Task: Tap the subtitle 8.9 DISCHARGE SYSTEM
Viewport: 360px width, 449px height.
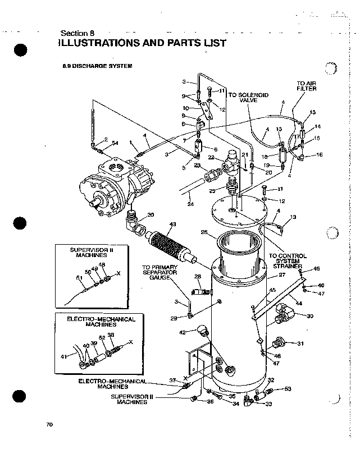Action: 97,66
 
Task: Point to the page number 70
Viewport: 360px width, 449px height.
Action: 49,425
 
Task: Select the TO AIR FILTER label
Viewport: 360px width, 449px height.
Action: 307,85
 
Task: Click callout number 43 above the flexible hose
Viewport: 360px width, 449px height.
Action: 172,224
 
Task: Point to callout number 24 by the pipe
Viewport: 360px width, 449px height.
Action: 191,204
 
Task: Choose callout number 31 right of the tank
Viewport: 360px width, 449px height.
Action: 300,343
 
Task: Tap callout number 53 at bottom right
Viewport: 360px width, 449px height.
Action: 288,388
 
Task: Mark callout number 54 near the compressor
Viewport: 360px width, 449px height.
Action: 115,143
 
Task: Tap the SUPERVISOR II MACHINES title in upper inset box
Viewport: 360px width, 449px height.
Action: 92,251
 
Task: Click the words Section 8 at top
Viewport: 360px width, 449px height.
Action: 76,32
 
